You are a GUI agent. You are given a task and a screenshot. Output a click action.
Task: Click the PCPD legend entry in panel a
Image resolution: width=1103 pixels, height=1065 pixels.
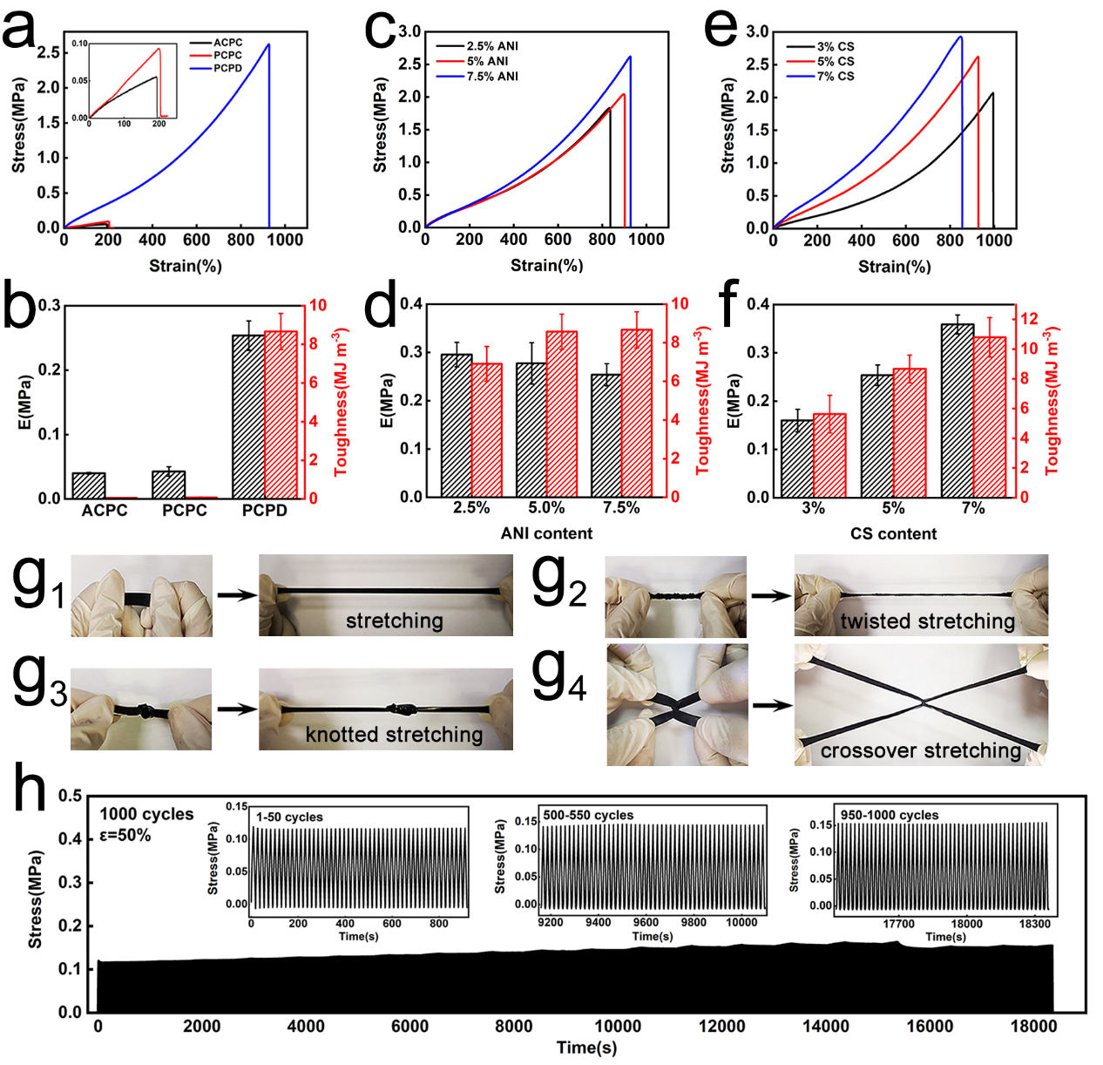(x=227, y=68)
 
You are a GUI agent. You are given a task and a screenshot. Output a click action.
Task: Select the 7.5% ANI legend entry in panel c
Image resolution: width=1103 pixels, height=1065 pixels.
(x=491, y=77)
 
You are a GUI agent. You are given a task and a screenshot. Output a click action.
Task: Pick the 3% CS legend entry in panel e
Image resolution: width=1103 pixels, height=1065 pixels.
(x=835, y=46)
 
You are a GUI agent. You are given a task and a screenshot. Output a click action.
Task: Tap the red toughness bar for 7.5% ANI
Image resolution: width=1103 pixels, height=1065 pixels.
(x=637, y=413)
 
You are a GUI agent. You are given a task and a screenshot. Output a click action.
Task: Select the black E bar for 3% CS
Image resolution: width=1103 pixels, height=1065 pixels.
(x=796, y=458)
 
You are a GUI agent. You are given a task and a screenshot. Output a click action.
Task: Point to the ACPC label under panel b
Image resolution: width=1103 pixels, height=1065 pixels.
(x=105, y=511)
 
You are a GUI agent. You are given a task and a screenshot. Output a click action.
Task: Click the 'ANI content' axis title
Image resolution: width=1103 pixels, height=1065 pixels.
(x=546, y=533)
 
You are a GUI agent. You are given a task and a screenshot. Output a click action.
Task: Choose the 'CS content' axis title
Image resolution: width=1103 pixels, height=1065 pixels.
(x=893, y=533)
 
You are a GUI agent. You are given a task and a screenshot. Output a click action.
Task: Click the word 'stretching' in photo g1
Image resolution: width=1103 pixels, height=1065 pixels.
(x=395, y=621)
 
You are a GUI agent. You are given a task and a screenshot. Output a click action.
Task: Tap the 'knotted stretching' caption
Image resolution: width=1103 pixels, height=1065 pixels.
(x=394, y=735)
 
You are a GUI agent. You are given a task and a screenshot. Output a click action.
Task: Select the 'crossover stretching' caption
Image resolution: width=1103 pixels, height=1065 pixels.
(x=921, y=750)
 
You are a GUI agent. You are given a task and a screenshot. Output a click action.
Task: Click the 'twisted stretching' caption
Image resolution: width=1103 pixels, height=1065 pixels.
(x=928, y=621)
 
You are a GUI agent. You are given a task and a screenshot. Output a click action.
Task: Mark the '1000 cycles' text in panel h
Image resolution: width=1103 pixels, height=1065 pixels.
(x=146, y=814)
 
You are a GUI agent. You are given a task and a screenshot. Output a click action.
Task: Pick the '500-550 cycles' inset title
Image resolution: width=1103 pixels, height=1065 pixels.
(x=588, y=816)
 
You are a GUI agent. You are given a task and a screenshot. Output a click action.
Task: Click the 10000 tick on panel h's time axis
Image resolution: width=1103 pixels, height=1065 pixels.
(x=617, y=1027)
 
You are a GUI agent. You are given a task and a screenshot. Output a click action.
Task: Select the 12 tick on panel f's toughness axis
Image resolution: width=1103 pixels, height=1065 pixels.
(x=1030, y=318)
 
